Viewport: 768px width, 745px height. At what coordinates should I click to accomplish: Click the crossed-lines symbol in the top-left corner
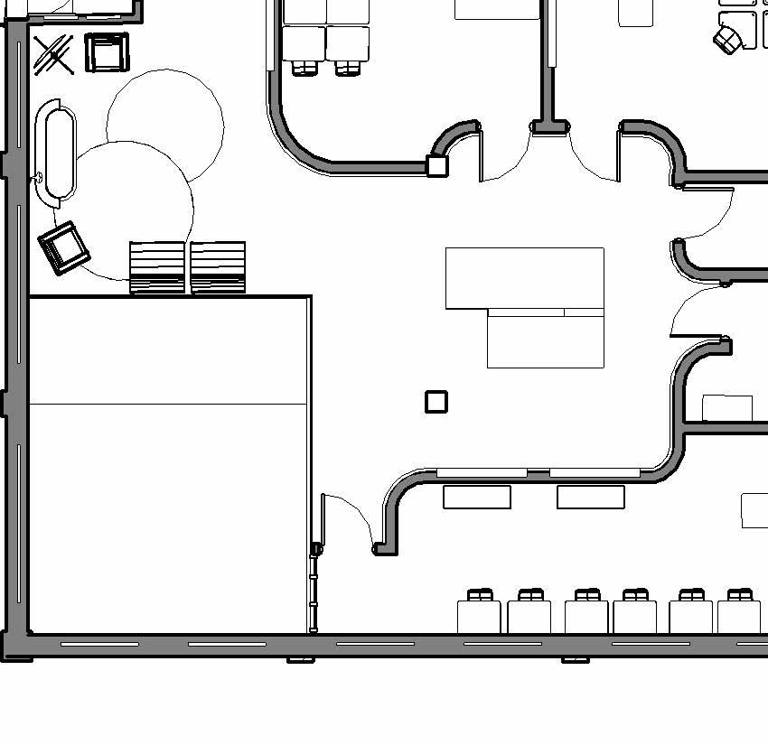[53, 55]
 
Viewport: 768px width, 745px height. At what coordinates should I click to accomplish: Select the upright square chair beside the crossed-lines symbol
[107, 52]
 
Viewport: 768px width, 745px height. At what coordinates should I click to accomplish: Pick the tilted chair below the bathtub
[63, 247]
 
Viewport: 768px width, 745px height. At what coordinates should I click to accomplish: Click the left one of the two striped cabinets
[157, 267]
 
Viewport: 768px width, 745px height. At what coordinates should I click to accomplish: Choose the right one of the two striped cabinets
[218, 267]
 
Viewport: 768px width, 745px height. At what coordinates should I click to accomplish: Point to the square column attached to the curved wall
[437, 165]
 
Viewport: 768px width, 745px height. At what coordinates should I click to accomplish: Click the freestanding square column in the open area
[436, 402]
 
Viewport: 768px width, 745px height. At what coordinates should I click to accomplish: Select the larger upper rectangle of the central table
[524, 277]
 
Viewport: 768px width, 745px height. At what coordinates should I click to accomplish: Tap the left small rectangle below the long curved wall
[477, 497]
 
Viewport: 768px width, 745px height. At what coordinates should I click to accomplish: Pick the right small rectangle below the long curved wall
[591, 497]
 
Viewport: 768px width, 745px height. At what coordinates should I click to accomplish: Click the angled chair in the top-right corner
[726, 39]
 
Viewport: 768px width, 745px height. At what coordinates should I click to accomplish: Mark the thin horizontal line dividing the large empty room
[169, 404]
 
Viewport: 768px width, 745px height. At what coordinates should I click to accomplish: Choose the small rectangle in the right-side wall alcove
[727, 408]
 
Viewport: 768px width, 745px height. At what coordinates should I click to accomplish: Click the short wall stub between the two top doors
[550, 127]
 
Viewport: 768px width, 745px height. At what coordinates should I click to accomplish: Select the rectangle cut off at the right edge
[755, 510]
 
